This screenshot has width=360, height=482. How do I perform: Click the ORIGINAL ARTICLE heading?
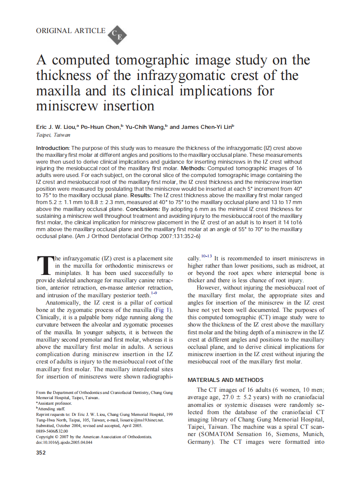pos(70,31)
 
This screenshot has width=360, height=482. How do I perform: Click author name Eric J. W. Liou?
pos(56,127)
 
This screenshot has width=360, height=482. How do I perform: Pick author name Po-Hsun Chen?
pos(101,127)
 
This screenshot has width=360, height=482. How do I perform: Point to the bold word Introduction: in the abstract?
pos(53,148)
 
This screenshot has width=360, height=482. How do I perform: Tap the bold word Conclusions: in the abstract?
pos(142,209)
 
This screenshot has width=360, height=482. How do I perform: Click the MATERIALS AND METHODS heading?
pos(226,380)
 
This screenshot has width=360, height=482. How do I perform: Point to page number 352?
pos(41,453)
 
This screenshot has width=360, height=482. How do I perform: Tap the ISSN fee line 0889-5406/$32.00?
pos(52,431)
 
